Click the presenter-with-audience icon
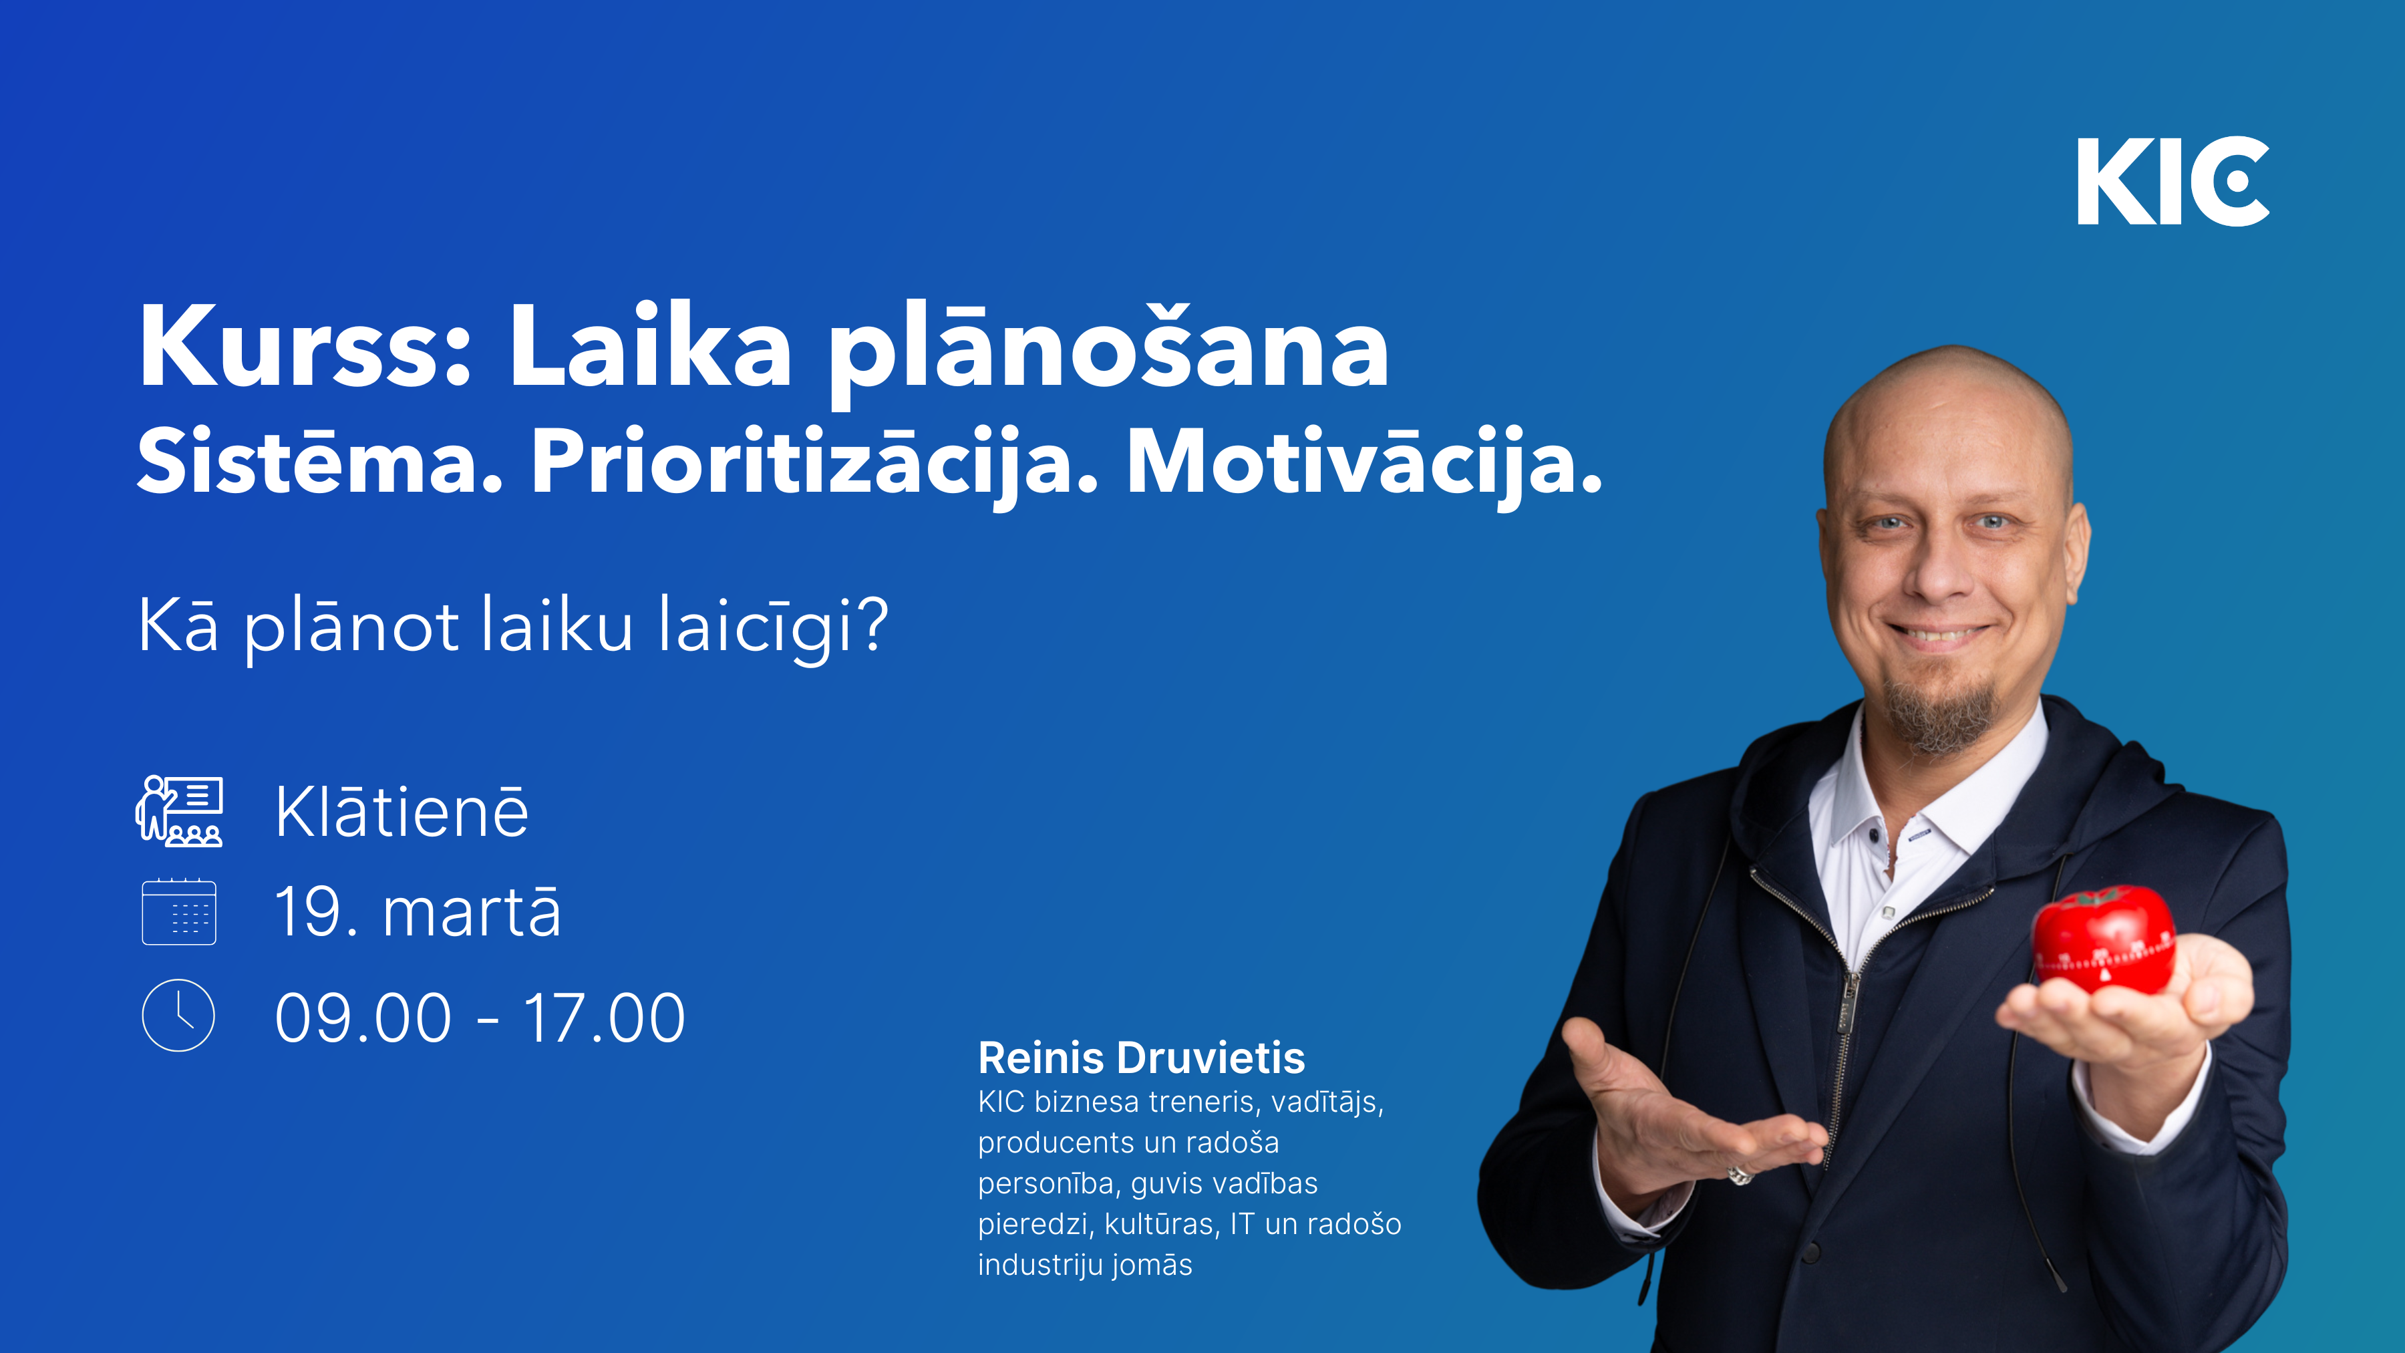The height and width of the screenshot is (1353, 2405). (179, 810)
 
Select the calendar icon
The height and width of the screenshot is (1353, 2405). (179, 911)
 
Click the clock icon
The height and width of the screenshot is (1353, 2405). (178, 1015)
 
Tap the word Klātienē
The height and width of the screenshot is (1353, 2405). (402, 811)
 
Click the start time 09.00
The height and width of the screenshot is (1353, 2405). (363, 1018)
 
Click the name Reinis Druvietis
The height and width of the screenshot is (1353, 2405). (1141, 1058)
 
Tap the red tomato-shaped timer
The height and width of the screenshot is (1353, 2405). (2104, 939)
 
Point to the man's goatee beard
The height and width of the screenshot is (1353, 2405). (1940, 714)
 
